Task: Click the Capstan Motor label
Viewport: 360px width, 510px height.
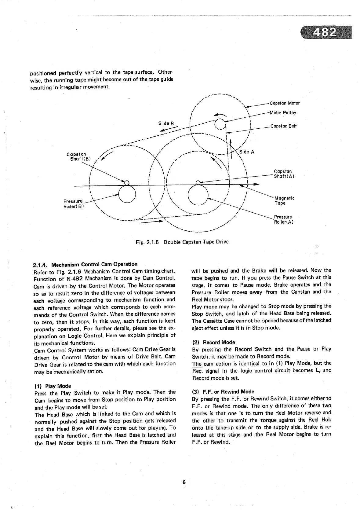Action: (x=285, y=103)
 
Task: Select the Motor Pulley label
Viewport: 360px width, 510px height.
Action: (x=283, y=113)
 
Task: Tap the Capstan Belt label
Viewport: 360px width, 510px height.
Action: (x=283, y=126)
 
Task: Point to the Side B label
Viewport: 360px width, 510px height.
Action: (x=166, y=123)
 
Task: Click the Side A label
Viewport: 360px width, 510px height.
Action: (x=247, y=152)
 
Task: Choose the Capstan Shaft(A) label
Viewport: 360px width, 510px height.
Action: (x=283, y=174)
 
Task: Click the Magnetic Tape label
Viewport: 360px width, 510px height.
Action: (x=284, y=201)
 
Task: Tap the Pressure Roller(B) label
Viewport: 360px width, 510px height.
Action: (x=73, y=204)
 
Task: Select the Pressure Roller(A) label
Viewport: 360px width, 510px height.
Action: (x=283, y=219)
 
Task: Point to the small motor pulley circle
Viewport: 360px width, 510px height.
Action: (x=219, y=124)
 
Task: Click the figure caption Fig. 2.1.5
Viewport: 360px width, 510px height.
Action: (x=182, y=242)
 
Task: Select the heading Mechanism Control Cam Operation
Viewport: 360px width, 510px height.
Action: (x=85, y=264)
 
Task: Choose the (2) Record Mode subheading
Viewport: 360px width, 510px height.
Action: (x=214, y=342)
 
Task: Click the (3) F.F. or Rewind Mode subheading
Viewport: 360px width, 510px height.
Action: (x=223, y=391)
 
